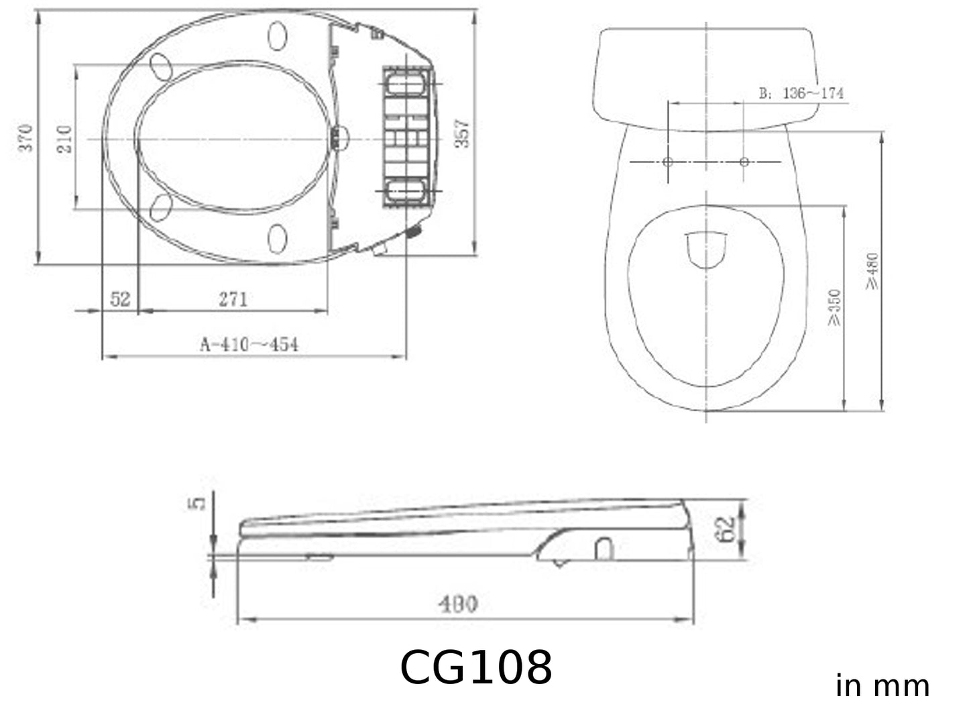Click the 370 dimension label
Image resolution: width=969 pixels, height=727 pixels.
click(x=25, y=137)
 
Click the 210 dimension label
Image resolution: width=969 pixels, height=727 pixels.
click(x=64, y=139)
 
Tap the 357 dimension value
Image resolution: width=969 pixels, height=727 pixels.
click(x=463, y=133)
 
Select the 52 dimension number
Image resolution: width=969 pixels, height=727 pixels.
click(x=120, y=298)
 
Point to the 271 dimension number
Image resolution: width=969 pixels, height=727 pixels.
click(x=233, y=298)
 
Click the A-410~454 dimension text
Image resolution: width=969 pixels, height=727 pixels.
click(x=249, y=344)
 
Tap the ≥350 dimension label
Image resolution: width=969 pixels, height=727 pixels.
click(x=834, y=307)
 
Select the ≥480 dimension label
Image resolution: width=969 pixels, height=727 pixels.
click(x=872, y=271)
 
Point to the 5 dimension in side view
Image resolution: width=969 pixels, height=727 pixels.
click(x=196, y=503)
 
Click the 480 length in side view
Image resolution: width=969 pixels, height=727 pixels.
click(x=458, y=604)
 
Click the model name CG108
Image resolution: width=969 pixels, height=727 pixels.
click(x=475, y=667)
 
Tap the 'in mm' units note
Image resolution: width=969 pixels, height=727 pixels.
click(x=882, y=685)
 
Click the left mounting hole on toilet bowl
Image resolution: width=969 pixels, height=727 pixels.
click(x=667, y=162)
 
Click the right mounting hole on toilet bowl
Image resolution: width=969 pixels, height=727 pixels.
click(x=744, y=162)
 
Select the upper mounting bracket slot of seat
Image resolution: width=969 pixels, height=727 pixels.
click(x=404, y=85)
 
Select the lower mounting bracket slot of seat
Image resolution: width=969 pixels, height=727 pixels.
click(x=404, y=190)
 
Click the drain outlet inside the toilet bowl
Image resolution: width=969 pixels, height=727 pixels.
click(x=706, y=249)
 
